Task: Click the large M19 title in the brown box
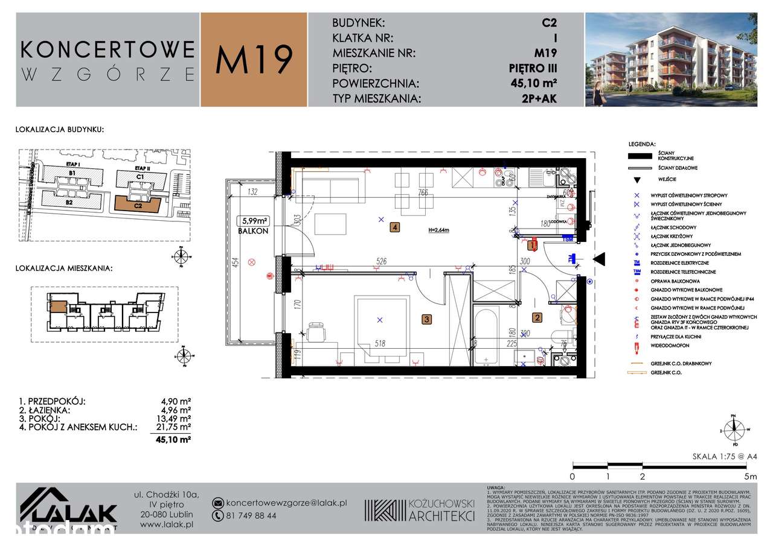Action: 254,60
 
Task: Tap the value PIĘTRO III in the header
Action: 532,69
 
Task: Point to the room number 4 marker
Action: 394,227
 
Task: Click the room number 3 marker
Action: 426,319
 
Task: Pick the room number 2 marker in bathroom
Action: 536,316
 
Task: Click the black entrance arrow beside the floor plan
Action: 598,259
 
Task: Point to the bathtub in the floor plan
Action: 486,336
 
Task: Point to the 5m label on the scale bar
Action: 750,476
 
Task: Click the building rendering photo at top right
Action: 671,60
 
